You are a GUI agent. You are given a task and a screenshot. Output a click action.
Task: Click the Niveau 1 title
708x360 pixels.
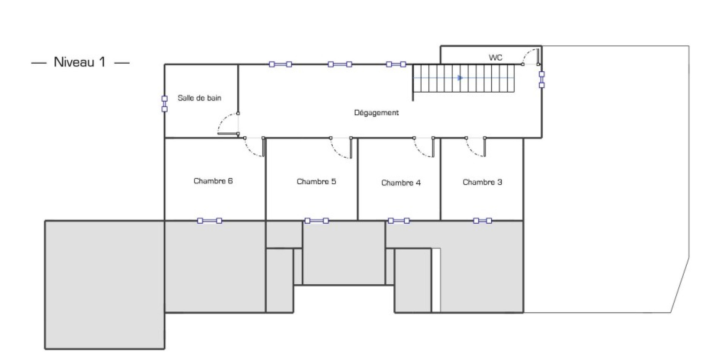tap(80, 62)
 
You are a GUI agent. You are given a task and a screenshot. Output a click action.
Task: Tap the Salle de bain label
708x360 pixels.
tap(199, 98)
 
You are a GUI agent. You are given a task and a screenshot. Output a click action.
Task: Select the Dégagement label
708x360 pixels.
tap(376, 113)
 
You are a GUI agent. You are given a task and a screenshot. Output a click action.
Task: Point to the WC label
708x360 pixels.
tap(495, 58)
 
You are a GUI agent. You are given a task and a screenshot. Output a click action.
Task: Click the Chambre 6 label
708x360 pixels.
tap(213, 181)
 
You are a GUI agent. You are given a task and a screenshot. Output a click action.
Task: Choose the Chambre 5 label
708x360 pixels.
tap(316, 182)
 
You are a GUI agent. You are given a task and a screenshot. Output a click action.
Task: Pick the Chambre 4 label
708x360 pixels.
tap(401, 182)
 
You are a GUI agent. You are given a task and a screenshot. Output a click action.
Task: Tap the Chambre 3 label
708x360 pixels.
tap(482, 182)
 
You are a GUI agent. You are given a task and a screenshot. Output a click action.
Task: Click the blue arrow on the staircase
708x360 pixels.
tap(460, 78)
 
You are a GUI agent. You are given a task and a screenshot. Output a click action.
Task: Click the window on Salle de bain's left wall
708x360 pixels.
tap(165, 104)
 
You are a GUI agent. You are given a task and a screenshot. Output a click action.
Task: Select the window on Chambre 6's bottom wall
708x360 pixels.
tap(209, 221)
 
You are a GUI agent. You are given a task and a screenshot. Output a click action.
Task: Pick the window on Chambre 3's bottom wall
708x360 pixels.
tap(482, 221)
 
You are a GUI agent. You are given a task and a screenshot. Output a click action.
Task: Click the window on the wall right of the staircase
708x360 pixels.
tap(542, 80)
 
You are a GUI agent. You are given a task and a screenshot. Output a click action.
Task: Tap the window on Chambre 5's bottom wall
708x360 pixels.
tap(317, 221)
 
